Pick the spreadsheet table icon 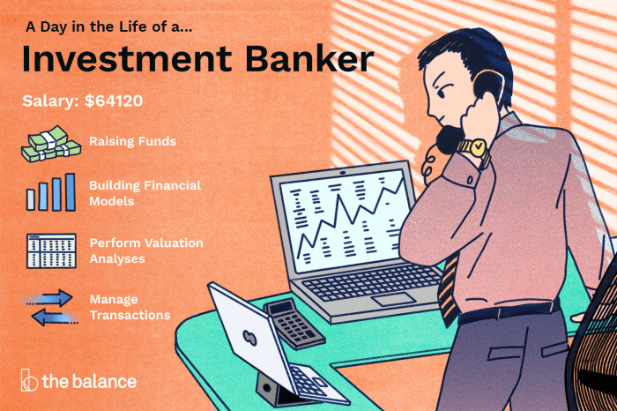pyautogui.click(x=51, y=250)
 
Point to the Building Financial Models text pyautogui.click(x=145, y=193)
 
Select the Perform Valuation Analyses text pyautogui.click(x=145, y=249)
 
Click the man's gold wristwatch pyautogui.click(x=477, y=148)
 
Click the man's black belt pyautogui.click(x=510, y=310)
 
